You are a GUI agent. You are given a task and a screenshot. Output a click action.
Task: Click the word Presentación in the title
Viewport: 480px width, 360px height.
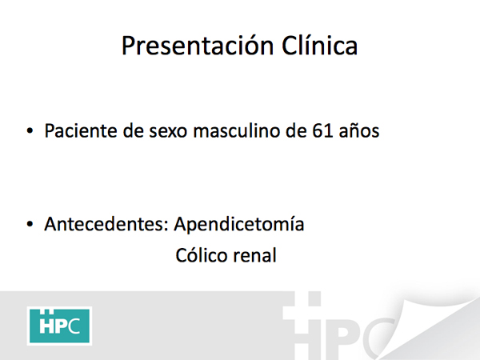pyautogui.click(x=198, y=46)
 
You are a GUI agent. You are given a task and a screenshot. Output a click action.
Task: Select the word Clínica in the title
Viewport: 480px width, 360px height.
pyautogui.click(x=319, y=46)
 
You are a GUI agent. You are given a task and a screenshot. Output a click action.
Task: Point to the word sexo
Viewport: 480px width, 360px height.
pyautogui.click(x=168, y=132)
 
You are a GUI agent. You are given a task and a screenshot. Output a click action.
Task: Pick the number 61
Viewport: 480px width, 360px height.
pyautogui.click(x=322, y=131)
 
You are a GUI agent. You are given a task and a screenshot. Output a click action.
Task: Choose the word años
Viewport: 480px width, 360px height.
pyautogui.click(x=359, y=132)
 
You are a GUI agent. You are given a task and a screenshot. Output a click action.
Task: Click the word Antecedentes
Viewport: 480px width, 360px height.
pyautogui.click(x=106, y=224)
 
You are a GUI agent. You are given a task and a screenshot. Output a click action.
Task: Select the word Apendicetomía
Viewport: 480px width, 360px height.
pyautogui.click(x=239, y=224)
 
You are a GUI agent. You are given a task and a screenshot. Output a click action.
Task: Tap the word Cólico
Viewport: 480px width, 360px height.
pyautogui.click(x=202, y=255)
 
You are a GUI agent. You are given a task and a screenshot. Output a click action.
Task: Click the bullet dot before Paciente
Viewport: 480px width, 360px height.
pyautogui.click(x=30, y=131)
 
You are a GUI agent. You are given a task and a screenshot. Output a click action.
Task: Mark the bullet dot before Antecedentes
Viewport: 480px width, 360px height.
pyautogui.click(x=30, y=224)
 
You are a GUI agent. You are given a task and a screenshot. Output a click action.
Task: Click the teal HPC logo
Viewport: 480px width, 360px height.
pyautogui.click(x=59, y=326)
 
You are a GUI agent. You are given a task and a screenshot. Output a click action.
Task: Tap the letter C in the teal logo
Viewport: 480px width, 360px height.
pyautogui.click(x=74, y=326)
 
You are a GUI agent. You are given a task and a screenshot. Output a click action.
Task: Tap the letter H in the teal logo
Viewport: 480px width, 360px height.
pyautogui.click(x=46, y=326)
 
